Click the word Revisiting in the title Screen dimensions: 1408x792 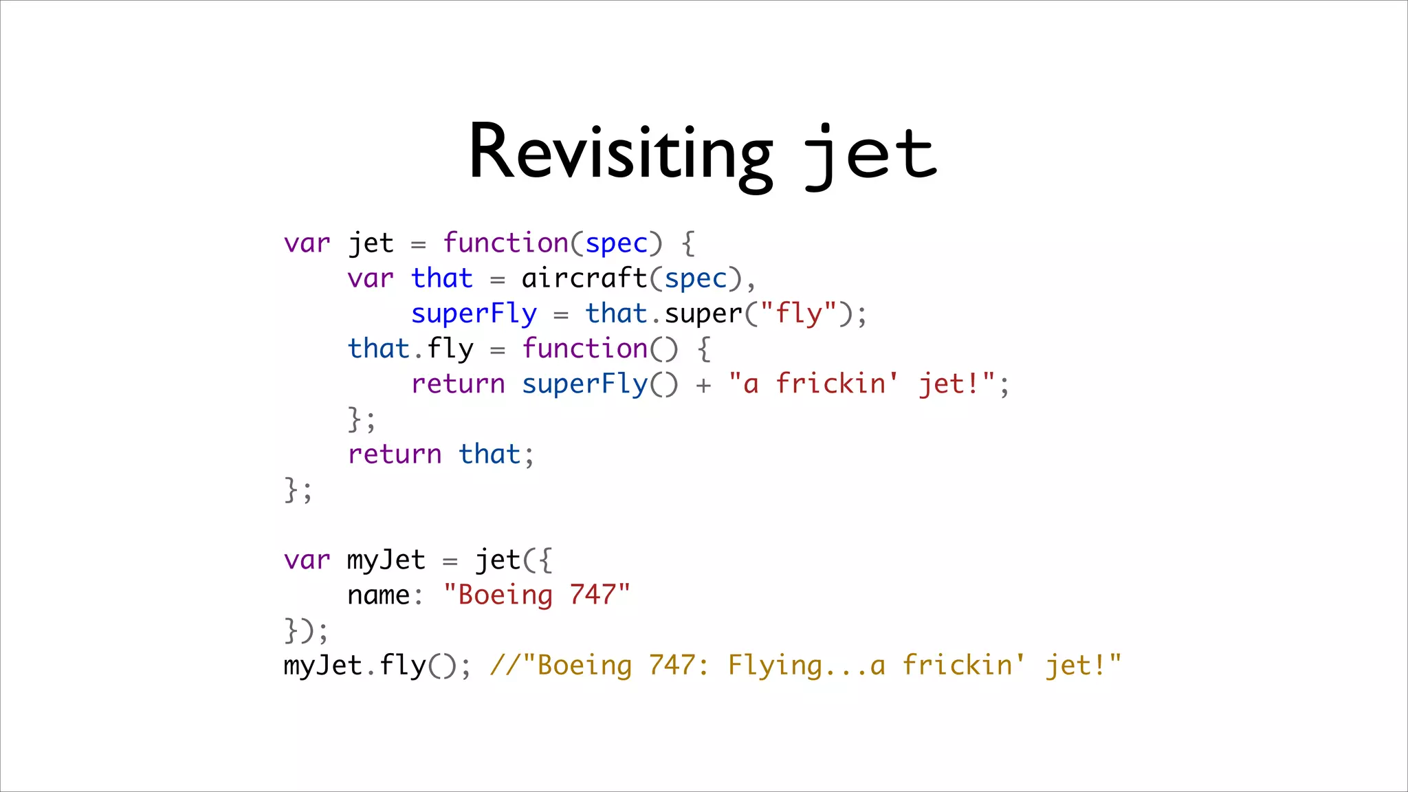coord(621,153)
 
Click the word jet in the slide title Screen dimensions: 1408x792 coord(870,154)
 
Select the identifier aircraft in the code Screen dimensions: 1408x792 coord(584,278)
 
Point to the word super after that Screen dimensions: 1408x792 coord(703,313)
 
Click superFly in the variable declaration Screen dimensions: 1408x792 coord(474,313)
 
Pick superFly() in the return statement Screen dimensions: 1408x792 coord(599,384)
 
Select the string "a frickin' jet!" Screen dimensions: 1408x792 coord(862,384)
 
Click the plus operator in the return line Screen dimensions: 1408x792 coord(703,385)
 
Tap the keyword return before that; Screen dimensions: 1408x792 coord(395,454)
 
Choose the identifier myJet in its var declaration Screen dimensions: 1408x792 coord(386,560)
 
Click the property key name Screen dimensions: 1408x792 coord(379,595)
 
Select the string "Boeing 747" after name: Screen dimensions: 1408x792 coord(537,595)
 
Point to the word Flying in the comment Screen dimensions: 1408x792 coord(775,665)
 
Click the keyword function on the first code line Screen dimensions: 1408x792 coord(506,243)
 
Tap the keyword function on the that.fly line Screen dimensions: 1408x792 coord(584,349)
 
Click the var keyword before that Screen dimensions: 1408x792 coord(371,278)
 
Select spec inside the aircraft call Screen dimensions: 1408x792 coord(696,278)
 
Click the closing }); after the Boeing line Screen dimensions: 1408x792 coord(306,630)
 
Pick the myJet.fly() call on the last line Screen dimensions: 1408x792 coord(377,665)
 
